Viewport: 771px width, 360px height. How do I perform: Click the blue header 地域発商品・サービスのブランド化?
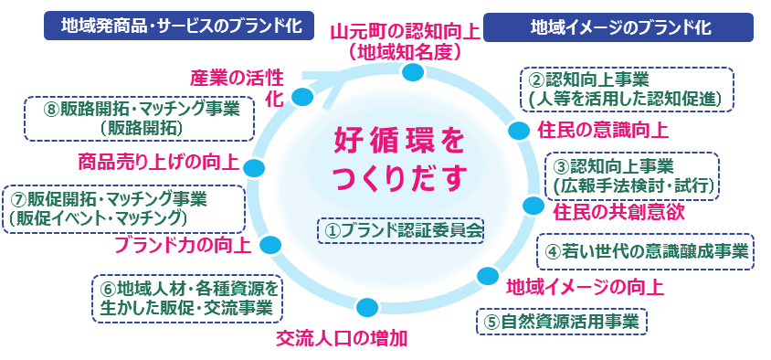(x=179, y=26)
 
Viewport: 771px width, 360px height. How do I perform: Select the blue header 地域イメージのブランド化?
(x=618, y=27)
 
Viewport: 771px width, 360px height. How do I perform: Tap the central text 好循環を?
(x=399, y=143)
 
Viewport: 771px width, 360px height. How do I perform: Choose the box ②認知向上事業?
(x=627, y=89)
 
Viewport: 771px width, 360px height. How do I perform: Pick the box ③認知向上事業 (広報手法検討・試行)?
(x=632, y=176)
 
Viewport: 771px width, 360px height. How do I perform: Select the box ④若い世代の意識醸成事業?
(x=645, y=251)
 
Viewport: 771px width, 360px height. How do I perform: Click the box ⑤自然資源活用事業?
(x=562, y=322)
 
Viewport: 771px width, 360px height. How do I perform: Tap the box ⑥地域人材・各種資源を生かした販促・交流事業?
(x=185, y=299)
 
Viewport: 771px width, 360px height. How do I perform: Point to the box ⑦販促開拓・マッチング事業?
(x=123, y=208)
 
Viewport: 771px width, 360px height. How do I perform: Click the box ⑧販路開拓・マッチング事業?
(x=139, y=119)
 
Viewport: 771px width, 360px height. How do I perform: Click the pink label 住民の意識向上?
(x=602, y=131)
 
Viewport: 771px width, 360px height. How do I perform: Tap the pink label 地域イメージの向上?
(x=586, y=287)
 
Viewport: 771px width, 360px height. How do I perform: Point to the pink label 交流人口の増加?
(x=342, y=338)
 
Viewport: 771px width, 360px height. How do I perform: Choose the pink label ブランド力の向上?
(x=183, y=245)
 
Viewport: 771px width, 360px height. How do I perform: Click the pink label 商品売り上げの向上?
(x=159, y=163)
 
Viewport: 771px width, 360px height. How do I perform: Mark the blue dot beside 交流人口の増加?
(x=367, y=307)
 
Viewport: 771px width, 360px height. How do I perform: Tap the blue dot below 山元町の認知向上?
(x=413, y=72)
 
